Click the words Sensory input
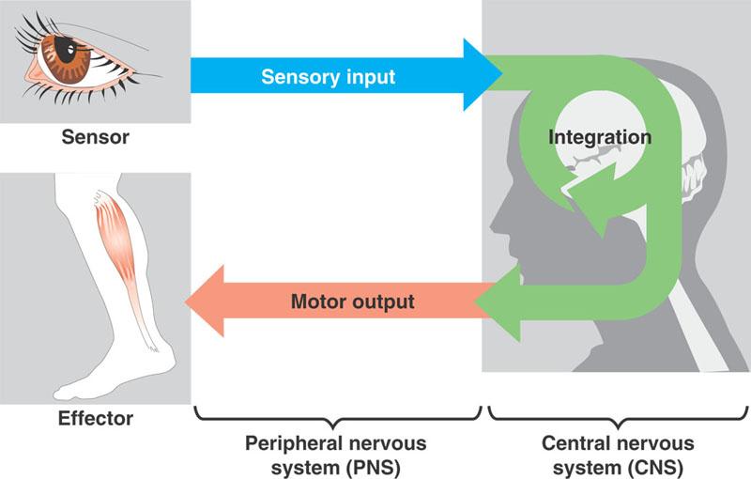(x=328, y=76)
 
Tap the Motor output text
(x=352, y=302)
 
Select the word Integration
(x=599, y=137)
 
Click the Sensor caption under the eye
(x=95, y=138)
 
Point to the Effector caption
(x=95, y=418)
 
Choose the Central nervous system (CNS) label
(x=618, y=453)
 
